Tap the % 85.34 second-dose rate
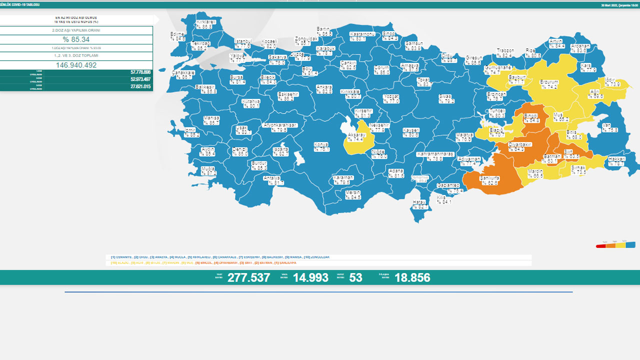click(76, 39)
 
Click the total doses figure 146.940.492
click(76, 65)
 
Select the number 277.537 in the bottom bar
click(248, 277)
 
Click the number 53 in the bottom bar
click(355, 277)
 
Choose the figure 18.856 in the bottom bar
click(412, 277)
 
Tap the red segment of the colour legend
click(600, 245)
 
